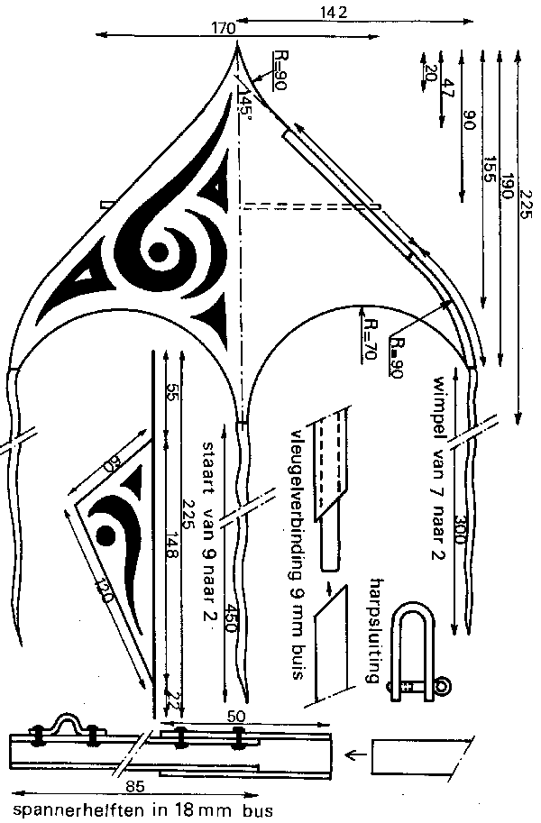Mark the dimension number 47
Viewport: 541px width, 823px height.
[x=447, y=87]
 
